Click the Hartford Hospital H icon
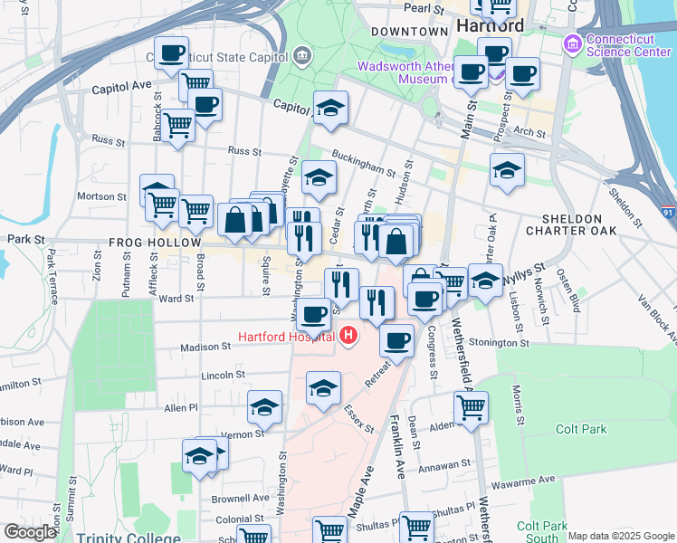349,338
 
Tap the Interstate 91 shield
667,213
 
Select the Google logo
30,532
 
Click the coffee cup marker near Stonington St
396,340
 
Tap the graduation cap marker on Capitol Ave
331,108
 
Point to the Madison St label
205,347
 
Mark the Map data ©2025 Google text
621,536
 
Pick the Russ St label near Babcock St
109,141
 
